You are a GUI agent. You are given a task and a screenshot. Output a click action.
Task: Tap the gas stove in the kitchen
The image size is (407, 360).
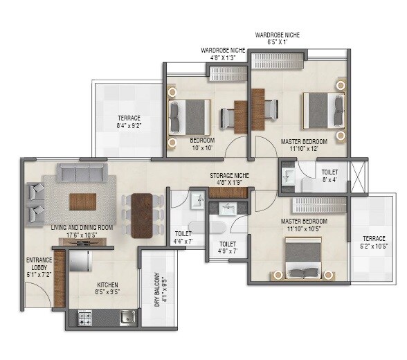86,318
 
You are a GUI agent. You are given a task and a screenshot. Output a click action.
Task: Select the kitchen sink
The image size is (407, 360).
127,318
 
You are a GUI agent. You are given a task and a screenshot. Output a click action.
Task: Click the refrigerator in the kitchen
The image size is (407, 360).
81,261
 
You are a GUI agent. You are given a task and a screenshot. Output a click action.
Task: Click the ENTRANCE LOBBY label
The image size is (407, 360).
39,264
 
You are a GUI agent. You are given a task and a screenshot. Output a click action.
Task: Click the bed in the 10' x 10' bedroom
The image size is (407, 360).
189,115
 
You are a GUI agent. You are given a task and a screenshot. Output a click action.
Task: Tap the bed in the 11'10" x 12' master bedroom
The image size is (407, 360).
323,110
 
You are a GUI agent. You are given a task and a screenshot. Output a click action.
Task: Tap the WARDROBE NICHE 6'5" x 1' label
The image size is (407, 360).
278,38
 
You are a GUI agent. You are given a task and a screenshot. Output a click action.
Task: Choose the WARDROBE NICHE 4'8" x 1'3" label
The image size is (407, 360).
223,54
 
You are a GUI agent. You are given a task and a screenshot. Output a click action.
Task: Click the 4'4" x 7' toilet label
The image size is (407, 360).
183,237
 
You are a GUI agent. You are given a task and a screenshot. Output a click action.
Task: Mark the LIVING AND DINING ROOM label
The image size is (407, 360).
82,231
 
